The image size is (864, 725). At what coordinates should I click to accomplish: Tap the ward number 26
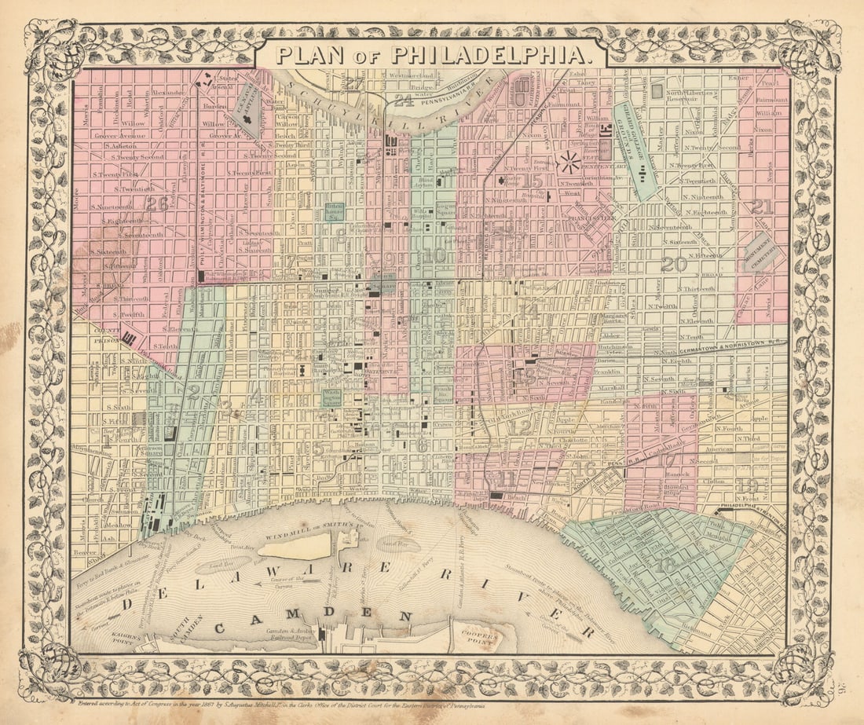coord(156,204)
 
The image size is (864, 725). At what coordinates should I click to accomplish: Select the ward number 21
coord(761,207)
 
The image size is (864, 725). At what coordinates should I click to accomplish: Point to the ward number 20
coord(673,264)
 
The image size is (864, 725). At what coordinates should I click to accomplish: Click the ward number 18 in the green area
coord(666,564)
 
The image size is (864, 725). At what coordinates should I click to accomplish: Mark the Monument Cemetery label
coord(760,252)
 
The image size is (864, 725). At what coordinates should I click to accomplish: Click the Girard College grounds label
coord(635,149)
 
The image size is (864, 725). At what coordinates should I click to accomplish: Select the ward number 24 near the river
coord(404,100)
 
